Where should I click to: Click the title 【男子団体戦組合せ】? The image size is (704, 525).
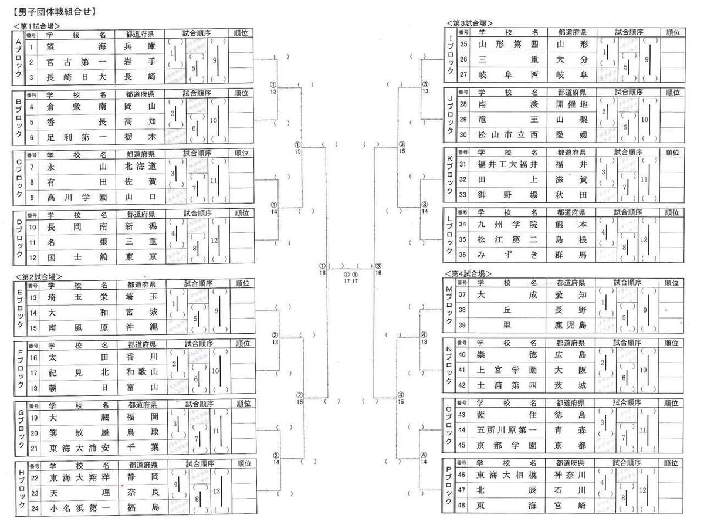tap(51, 11)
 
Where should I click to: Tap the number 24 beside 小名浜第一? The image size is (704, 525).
tap(34, 507)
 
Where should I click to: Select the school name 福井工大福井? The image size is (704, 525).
tap(507, 164)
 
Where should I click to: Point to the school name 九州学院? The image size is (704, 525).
tap(507, 223)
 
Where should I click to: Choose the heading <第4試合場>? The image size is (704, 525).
tap(469, 273)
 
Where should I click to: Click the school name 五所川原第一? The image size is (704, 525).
tap(507, 430)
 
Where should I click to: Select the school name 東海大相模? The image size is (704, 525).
tap(507, 474)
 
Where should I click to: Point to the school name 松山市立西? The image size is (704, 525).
tap(507, 134)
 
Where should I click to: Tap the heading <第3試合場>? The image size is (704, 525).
tap(469, 23)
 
